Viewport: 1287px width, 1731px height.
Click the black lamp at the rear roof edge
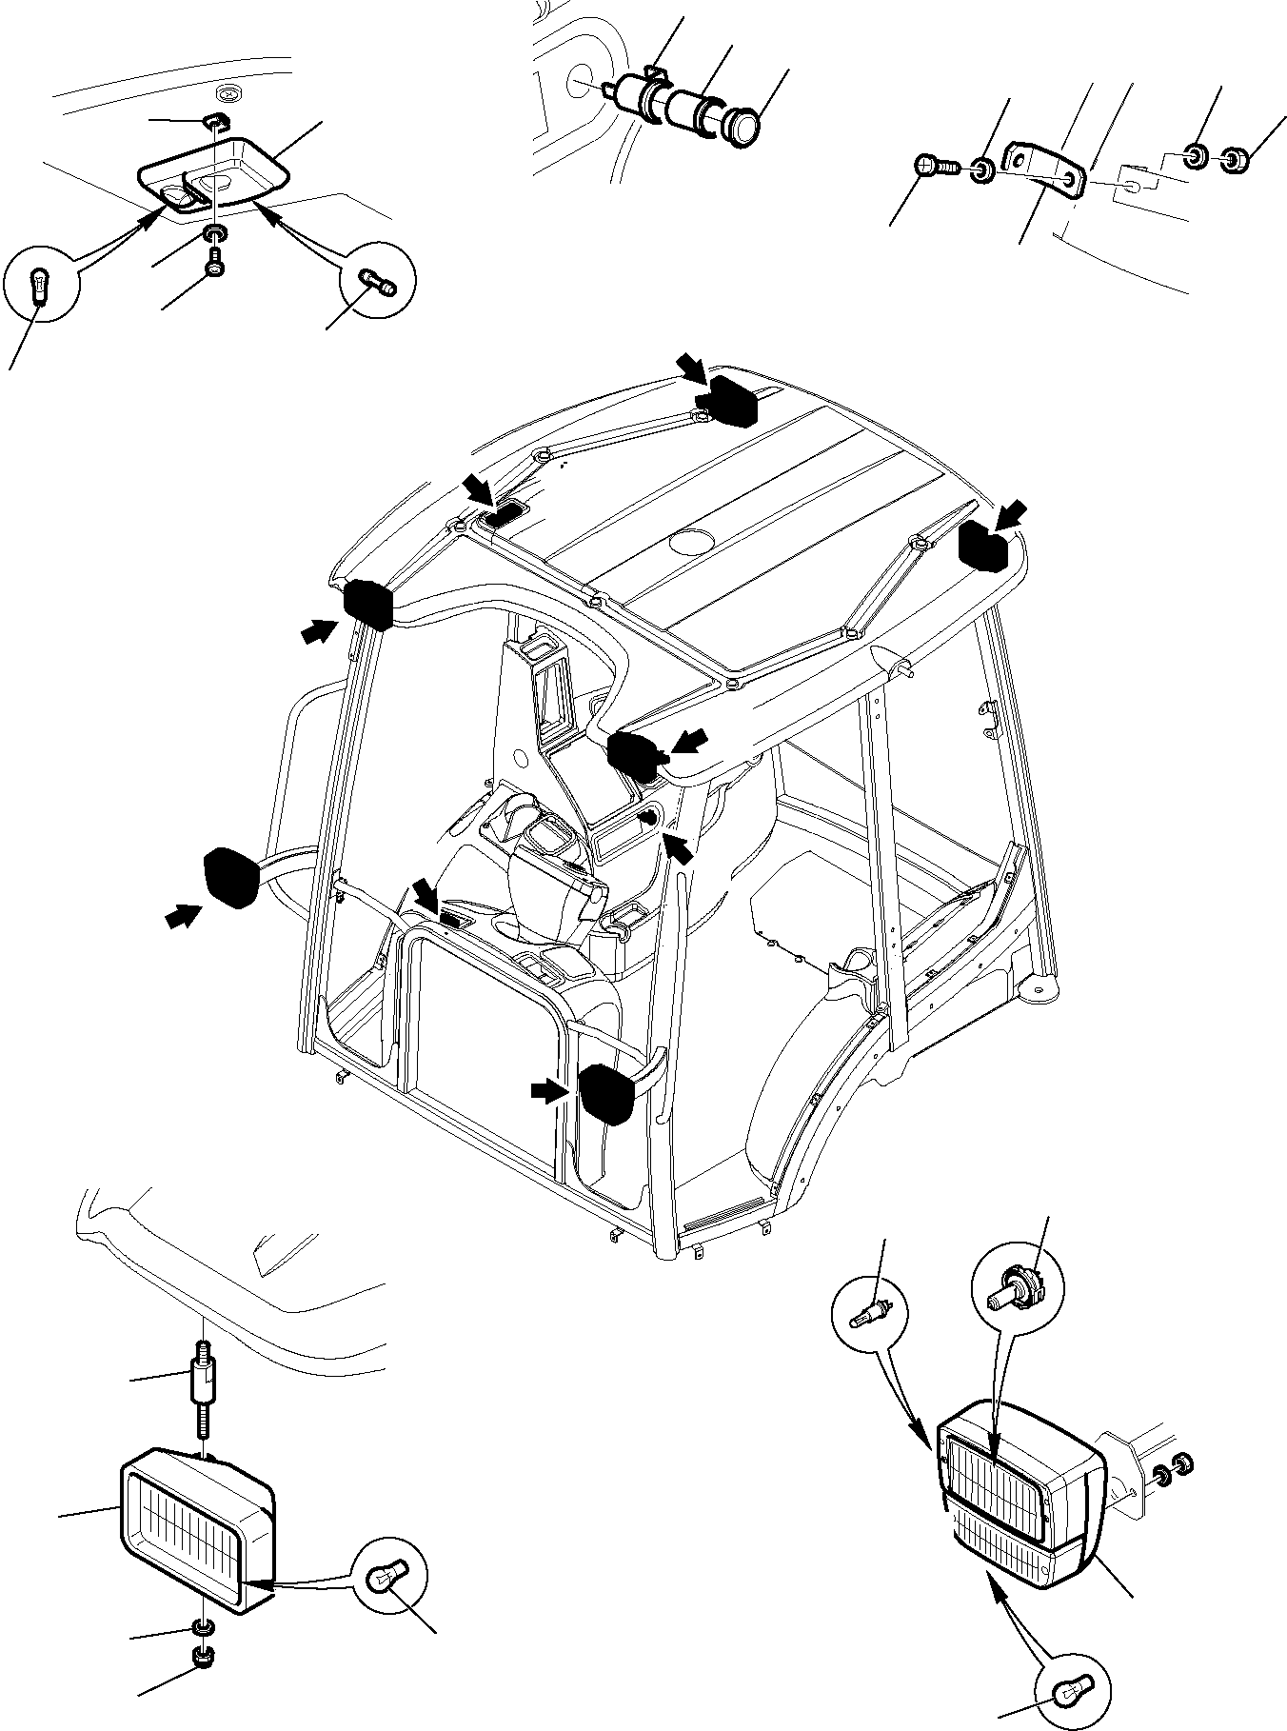[729, 399]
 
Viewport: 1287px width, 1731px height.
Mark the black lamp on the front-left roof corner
[367, 604]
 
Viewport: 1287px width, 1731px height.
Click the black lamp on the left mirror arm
[232, 877]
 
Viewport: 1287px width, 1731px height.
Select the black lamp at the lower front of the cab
[607, 1094]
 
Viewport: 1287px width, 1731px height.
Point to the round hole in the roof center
[688, 544]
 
